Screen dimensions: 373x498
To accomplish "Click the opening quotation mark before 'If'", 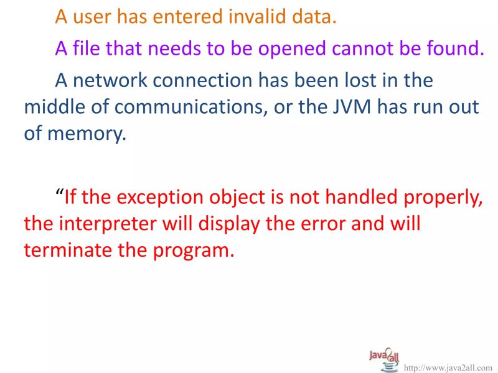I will (x=60, y=194).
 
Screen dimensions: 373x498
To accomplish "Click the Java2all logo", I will (x=383, y=359).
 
